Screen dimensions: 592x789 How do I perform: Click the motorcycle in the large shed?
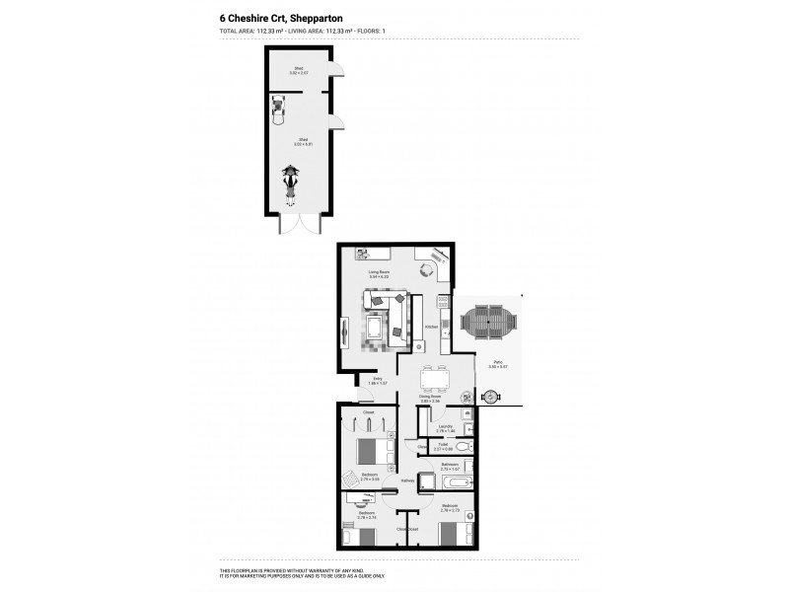[291, 180]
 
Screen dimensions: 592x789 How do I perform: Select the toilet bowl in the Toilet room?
[463, 447]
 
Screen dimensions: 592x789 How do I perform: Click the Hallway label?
[407, 481]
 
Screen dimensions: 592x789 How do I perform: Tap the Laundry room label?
[445, 426]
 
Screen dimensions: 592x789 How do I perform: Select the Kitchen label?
[431, 327]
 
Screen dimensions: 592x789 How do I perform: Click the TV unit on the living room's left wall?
[344, 331]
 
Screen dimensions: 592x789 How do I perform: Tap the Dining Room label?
[429, 398]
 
